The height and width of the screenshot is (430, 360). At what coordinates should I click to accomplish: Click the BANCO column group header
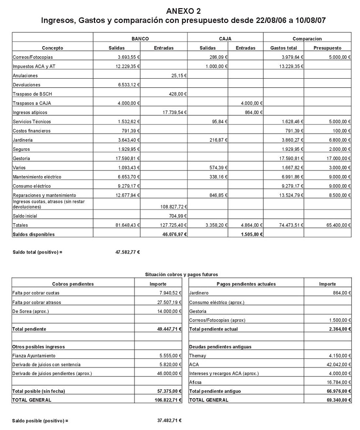pos(140,39)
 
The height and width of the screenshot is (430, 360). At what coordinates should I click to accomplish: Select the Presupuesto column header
pos(328,48)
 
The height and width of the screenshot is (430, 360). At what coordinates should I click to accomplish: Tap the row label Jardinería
pos(23,140)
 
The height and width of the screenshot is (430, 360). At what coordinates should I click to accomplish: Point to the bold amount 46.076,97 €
pos(172,234)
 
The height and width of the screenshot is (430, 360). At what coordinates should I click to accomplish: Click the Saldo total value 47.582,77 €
pos(127,252)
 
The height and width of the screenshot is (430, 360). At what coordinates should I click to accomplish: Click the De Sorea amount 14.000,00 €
pos(167,311)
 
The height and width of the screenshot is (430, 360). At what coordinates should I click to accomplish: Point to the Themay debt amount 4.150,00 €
pos(338,356)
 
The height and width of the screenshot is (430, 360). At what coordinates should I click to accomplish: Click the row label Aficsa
pos(195,382)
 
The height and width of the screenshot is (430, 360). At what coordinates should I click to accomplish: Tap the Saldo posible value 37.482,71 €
pos(169,420)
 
